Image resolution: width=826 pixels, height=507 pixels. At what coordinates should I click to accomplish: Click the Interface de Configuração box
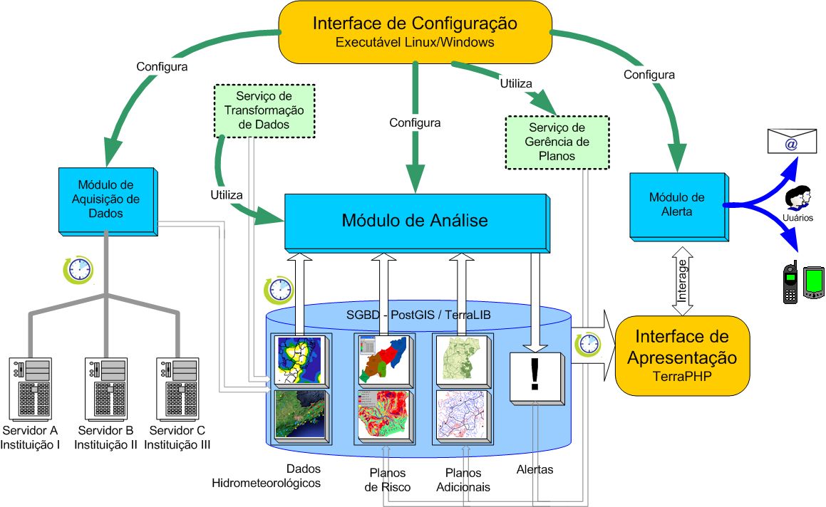coord(414,31)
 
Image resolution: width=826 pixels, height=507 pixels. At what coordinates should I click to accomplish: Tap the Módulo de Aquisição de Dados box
coord(107,199)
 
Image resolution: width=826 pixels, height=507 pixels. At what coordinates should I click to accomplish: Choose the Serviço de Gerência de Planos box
coord(557,142)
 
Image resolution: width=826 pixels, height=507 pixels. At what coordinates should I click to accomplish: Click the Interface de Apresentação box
coord(681,355)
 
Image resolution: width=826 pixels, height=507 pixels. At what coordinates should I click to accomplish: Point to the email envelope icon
coord(791,141)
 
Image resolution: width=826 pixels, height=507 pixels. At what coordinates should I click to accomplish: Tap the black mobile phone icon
coord(790,283)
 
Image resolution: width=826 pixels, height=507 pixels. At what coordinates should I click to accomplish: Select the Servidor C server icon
coord(179,388)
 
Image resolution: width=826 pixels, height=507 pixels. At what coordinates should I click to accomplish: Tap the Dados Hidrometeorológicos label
coord(267,476)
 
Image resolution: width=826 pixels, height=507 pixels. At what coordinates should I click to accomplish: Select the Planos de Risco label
coord(387,479)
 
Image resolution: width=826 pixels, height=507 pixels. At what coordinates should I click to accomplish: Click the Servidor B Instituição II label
coord(105,437)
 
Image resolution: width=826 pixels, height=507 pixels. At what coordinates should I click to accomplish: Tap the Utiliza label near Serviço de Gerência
coord(516,83)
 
